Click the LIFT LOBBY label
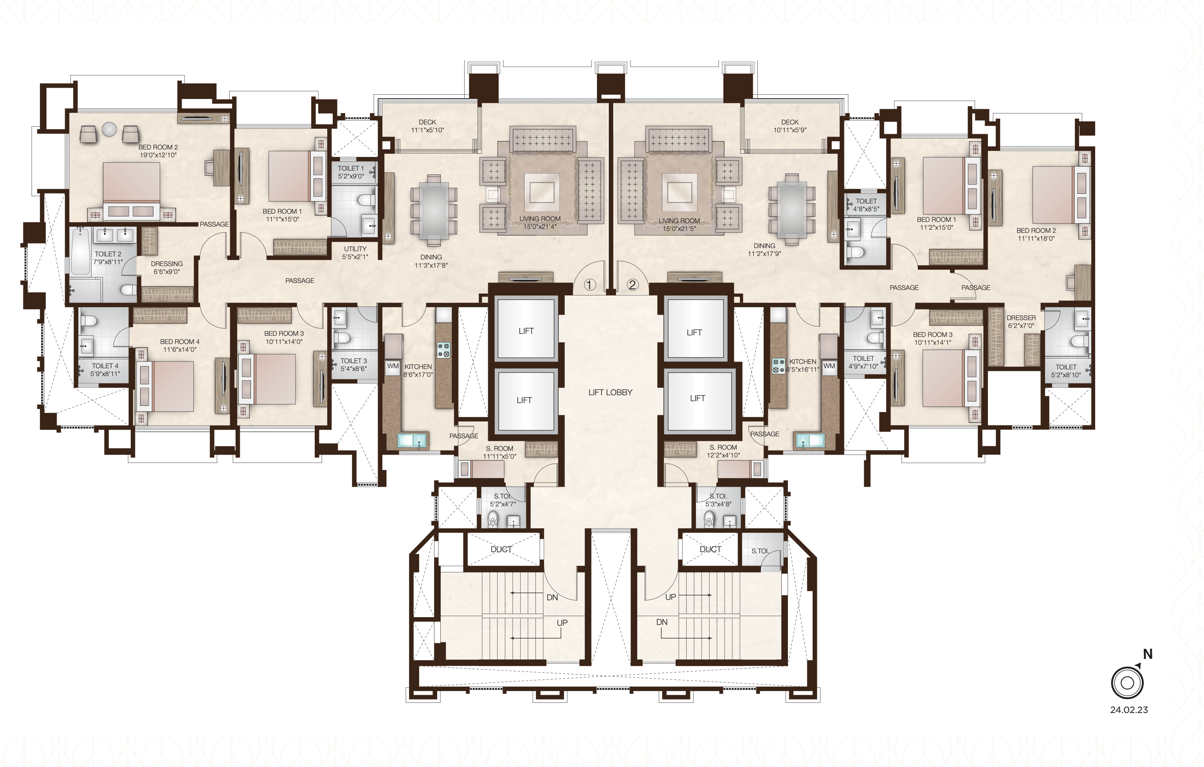pyautogui.click(x=610, y=393)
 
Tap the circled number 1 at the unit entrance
pyautogui.click(x=590, y=285)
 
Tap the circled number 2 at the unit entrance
pyautogui.click(x=633, y=285)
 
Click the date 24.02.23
pyautogui.click(x=1129, y=709)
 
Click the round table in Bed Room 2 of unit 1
pyautogui.click(x=110, y=130)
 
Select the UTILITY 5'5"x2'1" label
pyautogui.click(x=355, y=252)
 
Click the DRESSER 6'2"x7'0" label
pyautogui.click(x=1021, y=322)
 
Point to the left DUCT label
pyautogui.click(x=501, y=549)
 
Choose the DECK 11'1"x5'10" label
pyautogui.click(x=427, y=126)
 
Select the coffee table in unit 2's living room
pyautogui.click(x=679, y=191)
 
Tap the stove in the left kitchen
pyautogui.click(x=443, y=349)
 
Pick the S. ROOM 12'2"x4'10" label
pyautogui.click(x=723, y=451)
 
